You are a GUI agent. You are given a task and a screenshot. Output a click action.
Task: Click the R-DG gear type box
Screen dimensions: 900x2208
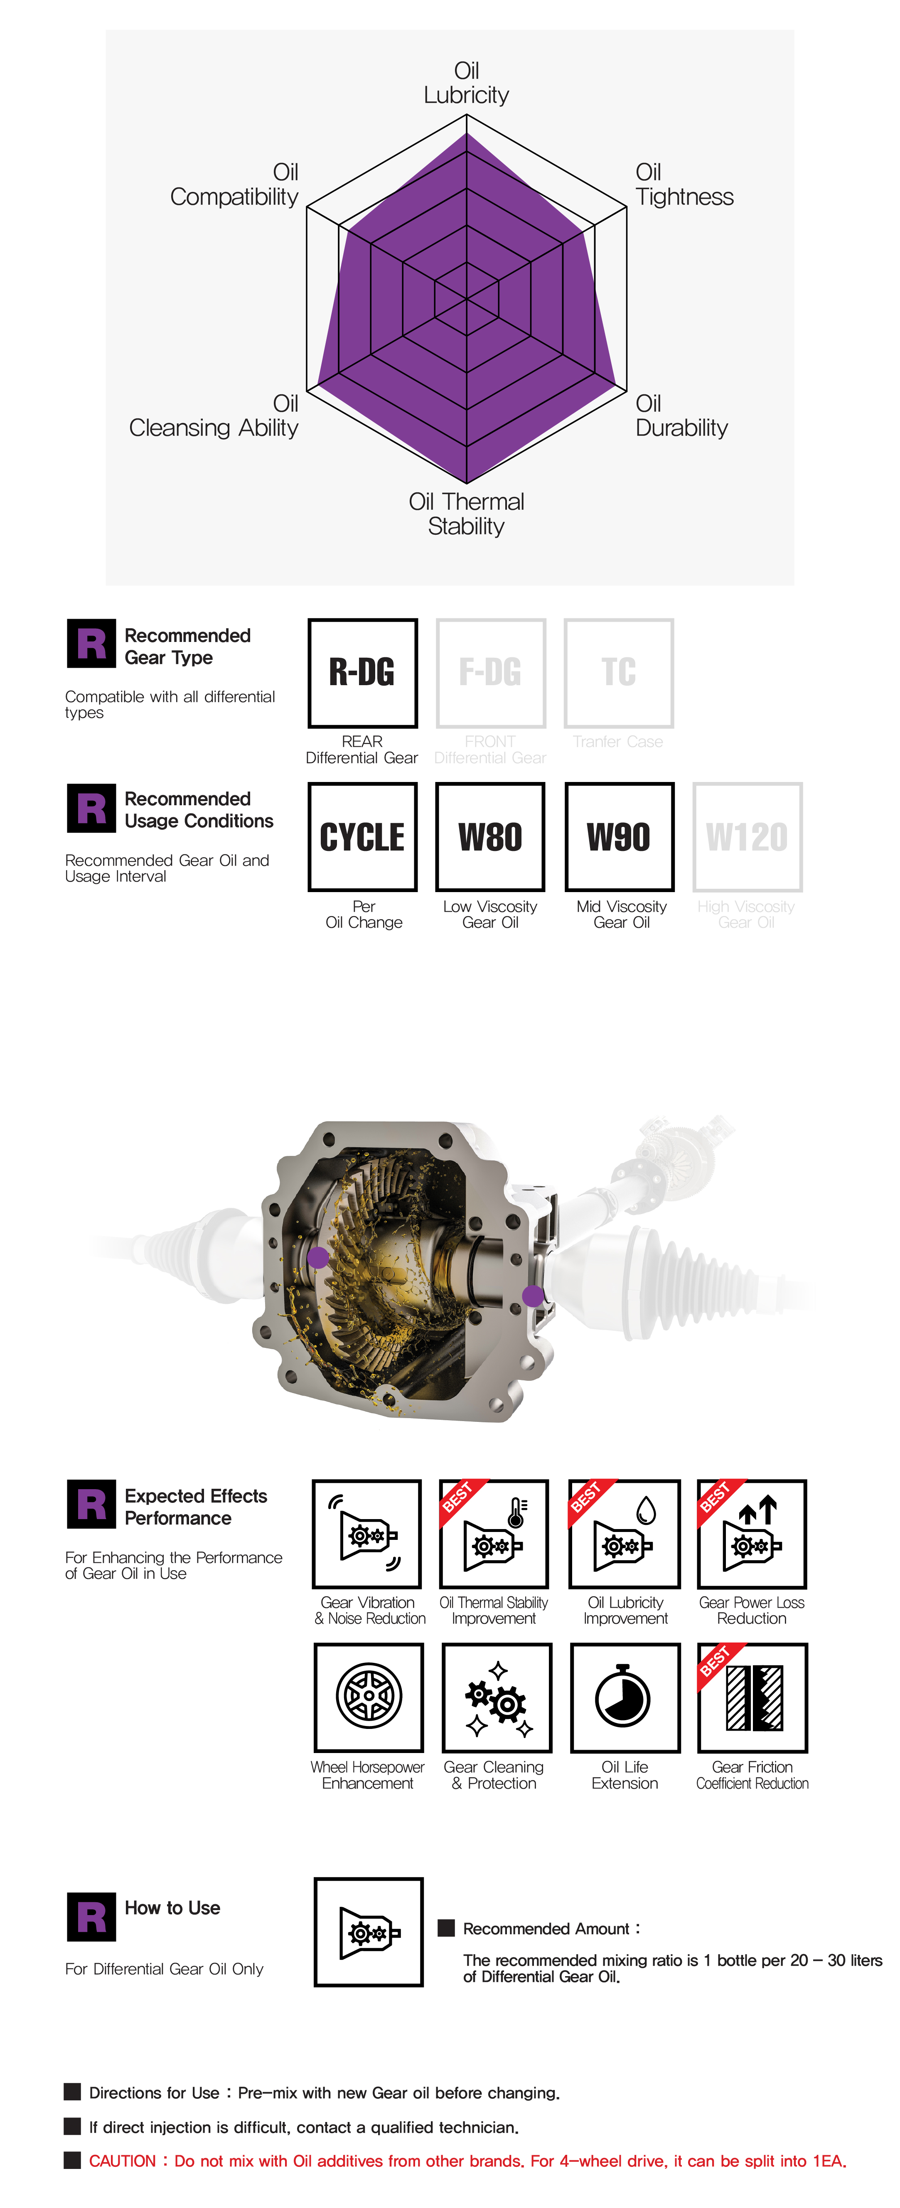coord(363,673)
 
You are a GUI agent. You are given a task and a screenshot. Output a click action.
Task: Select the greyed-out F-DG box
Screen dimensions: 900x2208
coord(490,673)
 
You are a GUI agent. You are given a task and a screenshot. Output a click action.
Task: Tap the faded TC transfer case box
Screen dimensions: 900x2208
coord(619,673)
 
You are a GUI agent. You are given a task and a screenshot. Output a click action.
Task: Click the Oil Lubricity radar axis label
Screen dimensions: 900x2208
coord(466,83)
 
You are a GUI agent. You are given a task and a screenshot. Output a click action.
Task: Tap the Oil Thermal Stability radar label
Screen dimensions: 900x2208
coord(466,514)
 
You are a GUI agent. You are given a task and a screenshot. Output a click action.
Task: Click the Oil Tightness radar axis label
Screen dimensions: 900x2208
coord(684,184)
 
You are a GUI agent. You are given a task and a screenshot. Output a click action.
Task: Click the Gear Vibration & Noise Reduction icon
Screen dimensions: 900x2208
coord(367,1534)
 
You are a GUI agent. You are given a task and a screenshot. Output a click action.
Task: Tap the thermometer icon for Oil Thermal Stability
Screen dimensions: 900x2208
coord(494,1534)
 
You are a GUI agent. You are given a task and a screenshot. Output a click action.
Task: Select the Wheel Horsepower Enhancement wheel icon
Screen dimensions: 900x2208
coord(369,1697)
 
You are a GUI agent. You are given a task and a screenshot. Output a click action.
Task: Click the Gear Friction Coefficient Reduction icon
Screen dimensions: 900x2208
coord(752,1697)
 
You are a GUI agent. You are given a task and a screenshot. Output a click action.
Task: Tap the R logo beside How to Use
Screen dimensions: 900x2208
coord(91,1917)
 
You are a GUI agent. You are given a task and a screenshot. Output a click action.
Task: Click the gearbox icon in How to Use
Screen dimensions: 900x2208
coord(369,1932)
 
